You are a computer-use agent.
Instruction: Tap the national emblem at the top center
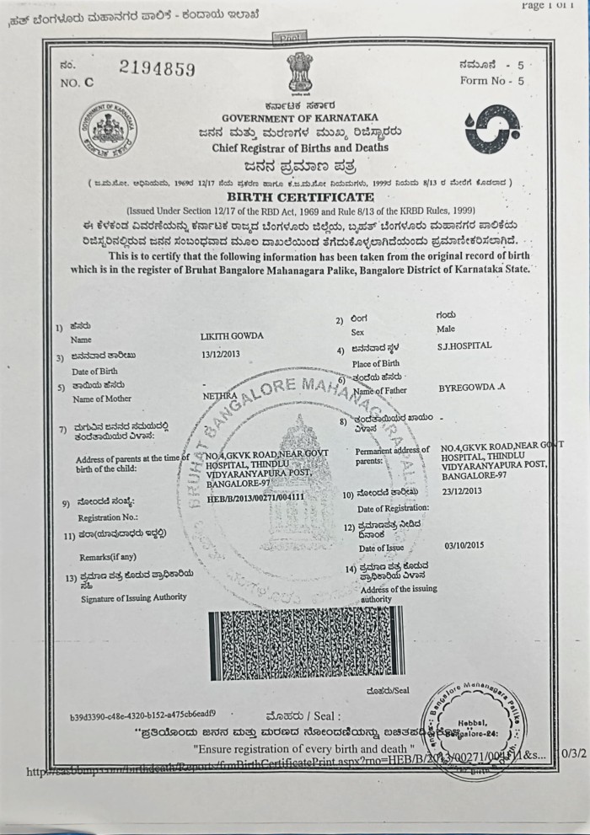tap(299, 73)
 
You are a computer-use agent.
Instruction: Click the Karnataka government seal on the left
tap(109, 133)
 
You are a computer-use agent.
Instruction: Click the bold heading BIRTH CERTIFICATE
tap(300, 196)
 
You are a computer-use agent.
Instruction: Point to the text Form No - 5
tap(492, 81)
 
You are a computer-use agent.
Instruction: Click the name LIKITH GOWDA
tap(232, 335)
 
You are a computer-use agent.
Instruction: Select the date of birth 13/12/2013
tap(221, 354)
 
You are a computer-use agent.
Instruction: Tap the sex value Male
tap(446, 329)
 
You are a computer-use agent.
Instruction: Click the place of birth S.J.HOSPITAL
tap(464, 345)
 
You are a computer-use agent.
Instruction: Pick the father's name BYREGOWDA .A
tap(472, 388)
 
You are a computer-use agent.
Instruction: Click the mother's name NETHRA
tap(216, 393)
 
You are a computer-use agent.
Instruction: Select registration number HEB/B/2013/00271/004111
tap(255, 497)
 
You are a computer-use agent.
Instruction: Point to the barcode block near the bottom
tap(307, 642)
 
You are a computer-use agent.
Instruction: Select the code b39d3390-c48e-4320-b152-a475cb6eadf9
tap(148, 718)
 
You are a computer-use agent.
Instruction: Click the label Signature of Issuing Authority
tap(134, 597)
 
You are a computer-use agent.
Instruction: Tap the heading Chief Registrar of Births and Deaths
tap(300, 147)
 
